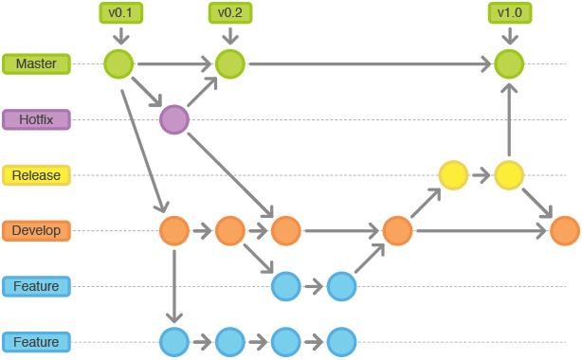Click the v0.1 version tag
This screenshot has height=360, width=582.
119,13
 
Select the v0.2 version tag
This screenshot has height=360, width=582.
229,13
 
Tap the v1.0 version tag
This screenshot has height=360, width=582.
509,13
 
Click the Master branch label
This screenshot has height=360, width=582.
36,64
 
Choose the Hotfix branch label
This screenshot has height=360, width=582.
36,119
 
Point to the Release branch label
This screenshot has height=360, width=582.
36,175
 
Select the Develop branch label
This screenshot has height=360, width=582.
36,230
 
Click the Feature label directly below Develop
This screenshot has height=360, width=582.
36,286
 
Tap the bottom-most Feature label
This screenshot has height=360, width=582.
36,342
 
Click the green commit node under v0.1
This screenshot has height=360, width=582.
118,64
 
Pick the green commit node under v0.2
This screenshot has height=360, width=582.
230,64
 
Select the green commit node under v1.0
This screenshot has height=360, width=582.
509,64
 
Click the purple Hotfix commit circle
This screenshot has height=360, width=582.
174,119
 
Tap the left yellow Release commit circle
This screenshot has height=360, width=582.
453,175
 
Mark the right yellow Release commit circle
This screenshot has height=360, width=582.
509,175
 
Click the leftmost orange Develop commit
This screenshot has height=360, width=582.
174,231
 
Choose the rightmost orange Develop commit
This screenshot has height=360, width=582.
565,231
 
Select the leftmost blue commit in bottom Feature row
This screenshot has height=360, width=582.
174,342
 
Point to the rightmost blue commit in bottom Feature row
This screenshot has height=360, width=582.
341,342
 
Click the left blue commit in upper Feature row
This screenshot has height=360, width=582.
285,286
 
